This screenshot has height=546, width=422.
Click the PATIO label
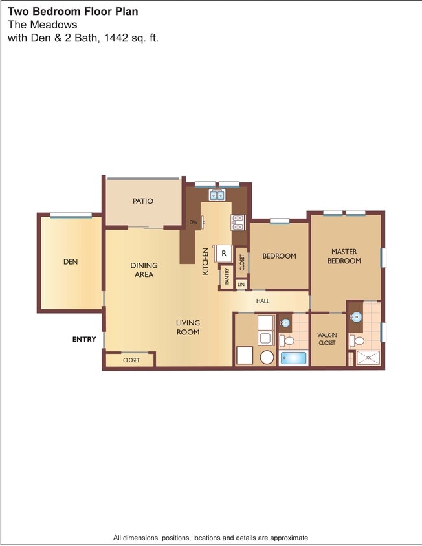pos(143,201)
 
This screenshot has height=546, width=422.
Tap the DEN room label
pos(71,262)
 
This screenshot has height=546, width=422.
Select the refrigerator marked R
pos(224,253)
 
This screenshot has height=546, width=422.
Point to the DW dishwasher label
pos(193,223)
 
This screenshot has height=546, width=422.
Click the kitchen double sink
pos(216,194)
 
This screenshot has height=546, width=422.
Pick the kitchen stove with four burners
pos(238,222)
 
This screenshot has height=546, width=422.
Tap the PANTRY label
pos(227,277)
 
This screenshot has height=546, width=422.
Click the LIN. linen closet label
pos(241,284)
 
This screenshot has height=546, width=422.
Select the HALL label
pos(263,301)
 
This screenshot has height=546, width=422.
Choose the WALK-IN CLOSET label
pos(327,339)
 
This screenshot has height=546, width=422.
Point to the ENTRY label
pos(84,339)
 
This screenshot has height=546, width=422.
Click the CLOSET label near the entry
pos(131,360)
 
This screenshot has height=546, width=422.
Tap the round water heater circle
pos(266,357)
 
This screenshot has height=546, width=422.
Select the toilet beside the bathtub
pos(287,340)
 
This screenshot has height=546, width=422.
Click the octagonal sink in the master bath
pos(356,317)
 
